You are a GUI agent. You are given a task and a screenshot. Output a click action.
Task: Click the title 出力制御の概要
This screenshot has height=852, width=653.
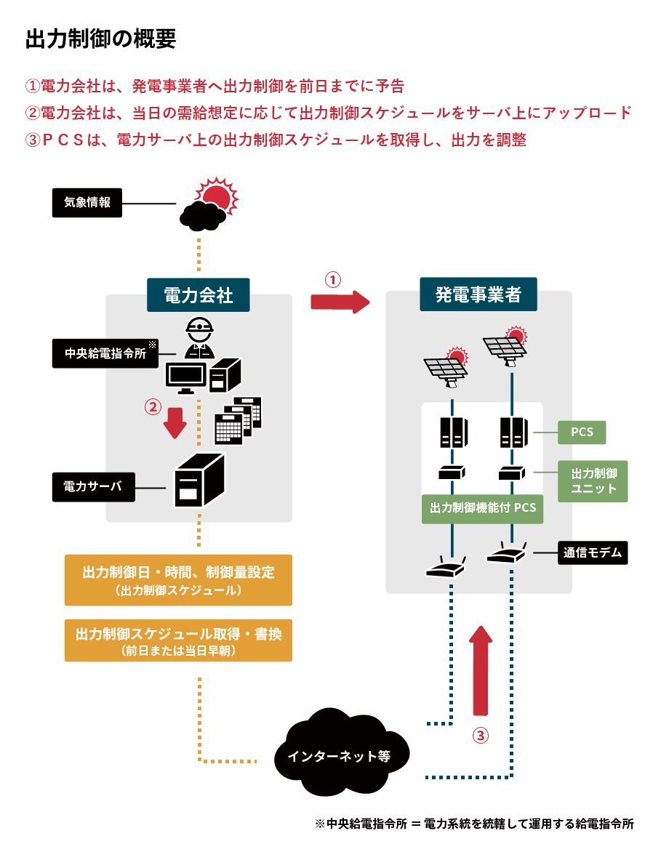click(x=100, y=39)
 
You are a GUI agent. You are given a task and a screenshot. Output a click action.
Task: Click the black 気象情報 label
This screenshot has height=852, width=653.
click(x=87, y=203)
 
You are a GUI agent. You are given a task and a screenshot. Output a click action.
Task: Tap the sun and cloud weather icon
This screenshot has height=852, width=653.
click(x=209, y=204)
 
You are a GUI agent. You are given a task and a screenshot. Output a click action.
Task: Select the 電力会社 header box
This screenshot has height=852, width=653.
click(x=199, y=295)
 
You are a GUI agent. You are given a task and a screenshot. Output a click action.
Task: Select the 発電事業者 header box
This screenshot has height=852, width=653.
click(x=478, y=294)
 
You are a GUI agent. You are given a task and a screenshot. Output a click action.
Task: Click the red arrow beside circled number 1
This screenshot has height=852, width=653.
click(x=340, y=302)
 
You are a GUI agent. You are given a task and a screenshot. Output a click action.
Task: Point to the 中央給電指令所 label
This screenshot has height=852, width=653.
click(x=105, y=353)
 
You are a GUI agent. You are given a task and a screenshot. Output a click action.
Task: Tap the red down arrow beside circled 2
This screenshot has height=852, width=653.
click(x=175, y=423)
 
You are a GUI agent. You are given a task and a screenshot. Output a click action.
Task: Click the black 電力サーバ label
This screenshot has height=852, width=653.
click(x=94, y=487)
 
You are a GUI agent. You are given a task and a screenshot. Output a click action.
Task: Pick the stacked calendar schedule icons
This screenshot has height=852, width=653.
click(x=238, y=421)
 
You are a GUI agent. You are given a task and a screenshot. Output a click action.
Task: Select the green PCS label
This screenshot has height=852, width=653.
click(x=582, y=433)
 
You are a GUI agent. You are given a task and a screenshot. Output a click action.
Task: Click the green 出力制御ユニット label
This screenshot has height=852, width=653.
click(x=593, y=481)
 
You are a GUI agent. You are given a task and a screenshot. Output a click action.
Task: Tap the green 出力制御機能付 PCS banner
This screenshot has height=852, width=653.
click(x=482, y=509)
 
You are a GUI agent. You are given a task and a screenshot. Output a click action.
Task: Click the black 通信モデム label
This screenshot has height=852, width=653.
click(x=593, y=552)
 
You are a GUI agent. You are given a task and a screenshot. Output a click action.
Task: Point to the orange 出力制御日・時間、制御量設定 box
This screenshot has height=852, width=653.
click(x=178, y=580)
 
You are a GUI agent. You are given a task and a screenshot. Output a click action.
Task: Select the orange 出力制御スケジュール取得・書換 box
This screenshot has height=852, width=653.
click(x=178, y=640)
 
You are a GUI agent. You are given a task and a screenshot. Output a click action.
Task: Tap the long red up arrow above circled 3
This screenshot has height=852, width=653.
click(x=481, y=670)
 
